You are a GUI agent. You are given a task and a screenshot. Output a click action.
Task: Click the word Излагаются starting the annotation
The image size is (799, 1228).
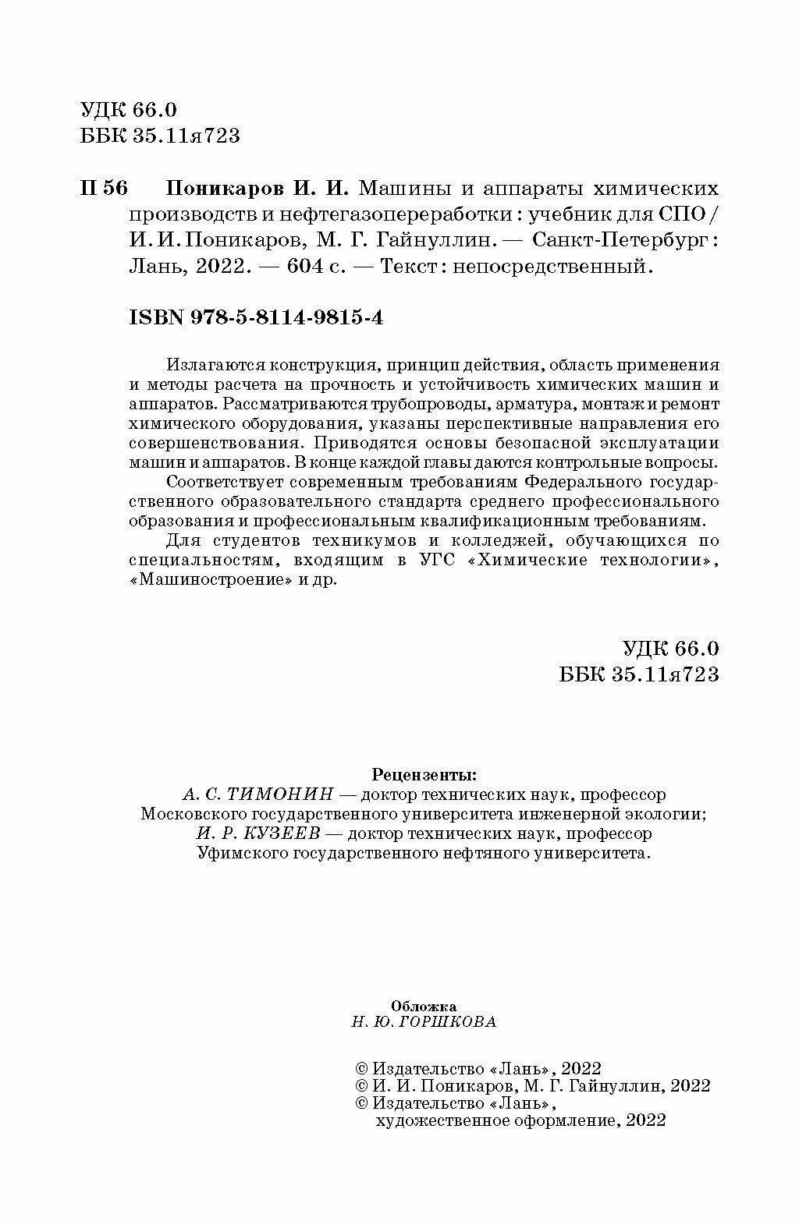[x=208, y=365]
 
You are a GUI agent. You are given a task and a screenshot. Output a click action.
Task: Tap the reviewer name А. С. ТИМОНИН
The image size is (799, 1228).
[x=257, y=794]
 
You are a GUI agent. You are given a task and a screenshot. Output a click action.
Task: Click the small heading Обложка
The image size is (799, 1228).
[x=423, y=1006]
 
